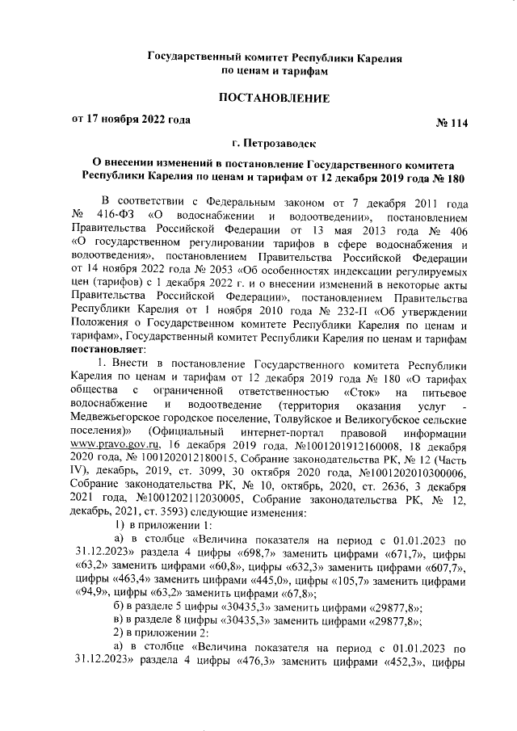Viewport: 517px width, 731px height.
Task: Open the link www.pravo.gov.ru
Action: coord(113,445)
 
